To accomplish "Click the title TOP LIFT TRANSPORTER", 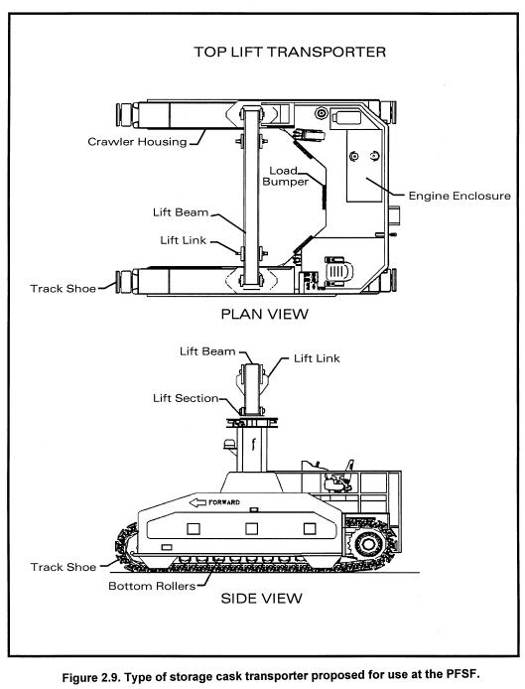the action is pyautogui.click(x=290, y=52).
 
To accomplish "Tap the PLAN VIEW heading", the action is pyautogui.click(x=264, y=314).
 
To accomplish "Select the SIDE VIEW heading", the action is pyautogui.click(x=261, y=598).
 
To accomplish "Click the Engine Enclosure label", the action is pyautogui.click(x=459, y=196).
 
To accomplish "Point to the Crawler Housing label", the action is pyautogui.click(x=137, y=142).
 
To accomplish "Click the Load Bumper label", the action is pyautogui.click(x=285, y=176).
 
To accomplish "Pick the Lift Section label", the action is pyautogui.click(x=186, y=398).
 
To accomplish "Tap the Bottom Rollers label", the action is pyautogui.click(x=152, y=586).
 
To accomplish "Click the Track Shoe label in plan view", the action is pyautogui.click(x=63, y=289).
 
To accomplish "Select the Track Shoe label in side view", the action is pyautogui.click(x=64, y=567).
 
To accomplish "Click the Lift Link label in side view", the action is pyautogui.click(x=317, y=358).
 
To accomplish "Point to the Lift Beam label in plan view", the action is pyautogui.click(x=181, y=212).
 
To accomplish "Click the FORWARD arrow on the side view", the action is pyautogui.click(x=214, y=502).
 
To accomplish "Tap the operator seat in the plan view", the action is pyautogui.click(x=338, y=271).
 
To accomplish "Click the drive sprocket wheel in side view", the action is pyautogui.click(x=367, y=544).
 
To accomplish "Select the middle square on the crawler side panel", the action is pyautogui.click(x=251, y=528).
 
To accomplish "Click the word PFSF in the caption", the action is pyautogui.click(x=460, y=674).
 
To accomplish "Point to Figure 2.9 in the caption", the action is pyautogui.click(x=89, y=677).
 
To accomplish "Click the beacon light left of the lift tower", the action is pyautogui.click(x=230, y=444).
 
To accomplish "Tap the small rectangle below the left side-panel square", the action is pyautogui.click(x=167, y=547).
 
